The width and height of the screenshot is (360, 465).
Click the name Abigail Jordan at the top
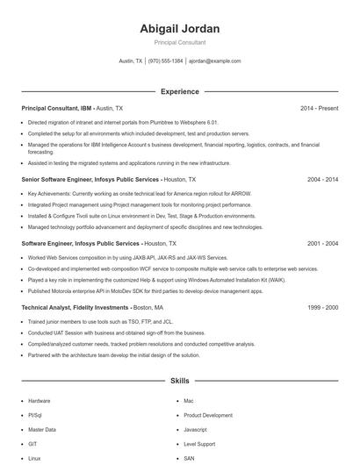pyautogui.click(x=179, y=28)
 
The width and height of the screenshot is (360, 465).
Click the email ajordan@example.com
pyautogui.click(x=214, y=61)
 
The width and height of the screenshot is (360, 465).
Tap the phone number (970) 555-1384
pyautogui.click(x=165, y=61)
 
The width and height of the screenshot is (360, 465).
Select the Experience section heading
pyautogui.click(x=179, y=91)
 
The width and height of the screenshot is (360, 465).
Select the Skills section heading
pyautogui.click(x=179, y=382)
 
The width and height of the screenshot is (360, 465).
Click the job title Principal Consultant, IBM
pyautogui.click(x=56, y=108)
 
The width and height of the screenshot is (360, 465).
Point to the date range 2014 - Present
pyautogui.click(x=319, y=108)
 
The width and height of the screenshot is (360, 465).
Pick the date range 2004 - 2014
pyautogui.click(x=322, y=178)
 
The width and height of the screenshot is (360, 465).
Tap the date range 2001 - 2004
pyautogui.click(x=322, y=243)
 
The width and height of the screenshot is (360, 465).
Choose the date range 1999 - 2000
pyautogui.click(x=322, y=308)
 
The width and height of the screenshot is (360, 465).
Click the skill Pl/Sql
pyautogui.click(x=35, y=415)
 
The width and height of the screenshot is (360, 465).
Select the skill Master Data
pyautogui.click(x=41, y=430)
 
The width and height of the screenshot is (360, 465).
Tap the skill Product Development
pyautogui.click(x=208, y=415)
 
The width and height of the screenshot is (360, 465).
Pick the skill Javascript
pyautogui.click(x=195, y=430)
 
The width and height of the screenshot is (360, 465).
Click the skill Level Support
pyautogui.click(x=200, y=444)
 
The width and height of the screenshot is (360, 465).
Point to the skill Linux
pyautogui.click(x=34, y=458)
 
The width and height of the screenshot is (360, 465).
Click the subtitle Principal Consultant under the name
pyautogui.click(x=179, y=42)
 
